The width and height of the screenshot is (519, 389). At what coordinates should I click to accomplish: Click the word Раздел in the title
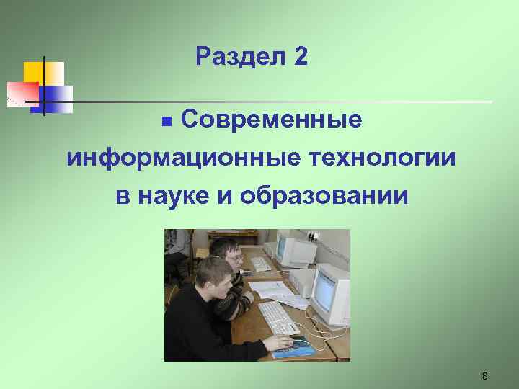click(x=239, y=57)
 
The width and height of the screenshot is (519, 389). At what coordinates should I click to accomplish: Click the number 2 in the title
click(x=301, y=57)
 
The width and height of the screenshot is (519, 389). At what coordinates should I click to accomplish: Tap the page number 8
click(x=485, y=376)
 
